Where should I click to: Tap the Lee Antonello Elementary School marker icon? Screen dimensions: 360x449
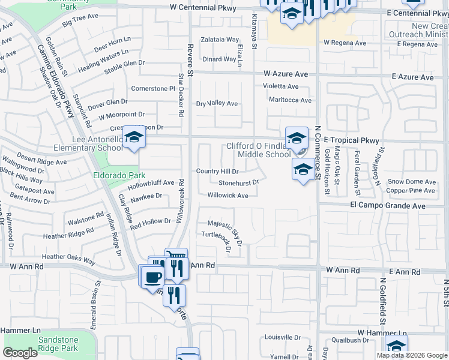click(x=134, y=137)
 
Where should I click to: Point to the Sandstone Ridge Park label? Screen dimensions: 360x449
click(x=58, y=344)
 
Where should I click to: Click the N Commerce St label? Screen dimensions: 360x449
click(x=318, y=152)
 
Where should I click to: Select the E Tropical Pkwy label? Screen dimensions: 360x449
click(x=352, y=140)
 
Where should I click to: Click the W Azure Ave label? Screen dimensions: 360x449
click(x=286, y=74)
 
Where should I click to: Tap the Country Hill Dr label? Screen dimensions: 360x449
click(x=217, y=171)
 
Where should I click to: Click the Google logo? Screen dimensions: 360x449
click(x=20, y=353)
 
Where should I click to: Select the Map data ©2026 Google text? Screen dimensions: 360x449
click(x=412, y=355)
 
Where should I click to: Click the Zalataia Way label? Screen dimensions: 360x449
click(x=220, y=40)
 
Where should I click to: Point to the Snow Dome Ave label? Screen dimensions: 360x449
click(x=411, y=182)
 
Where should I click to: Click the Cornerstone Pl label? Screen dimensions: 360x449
click(x=152, y=88)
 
